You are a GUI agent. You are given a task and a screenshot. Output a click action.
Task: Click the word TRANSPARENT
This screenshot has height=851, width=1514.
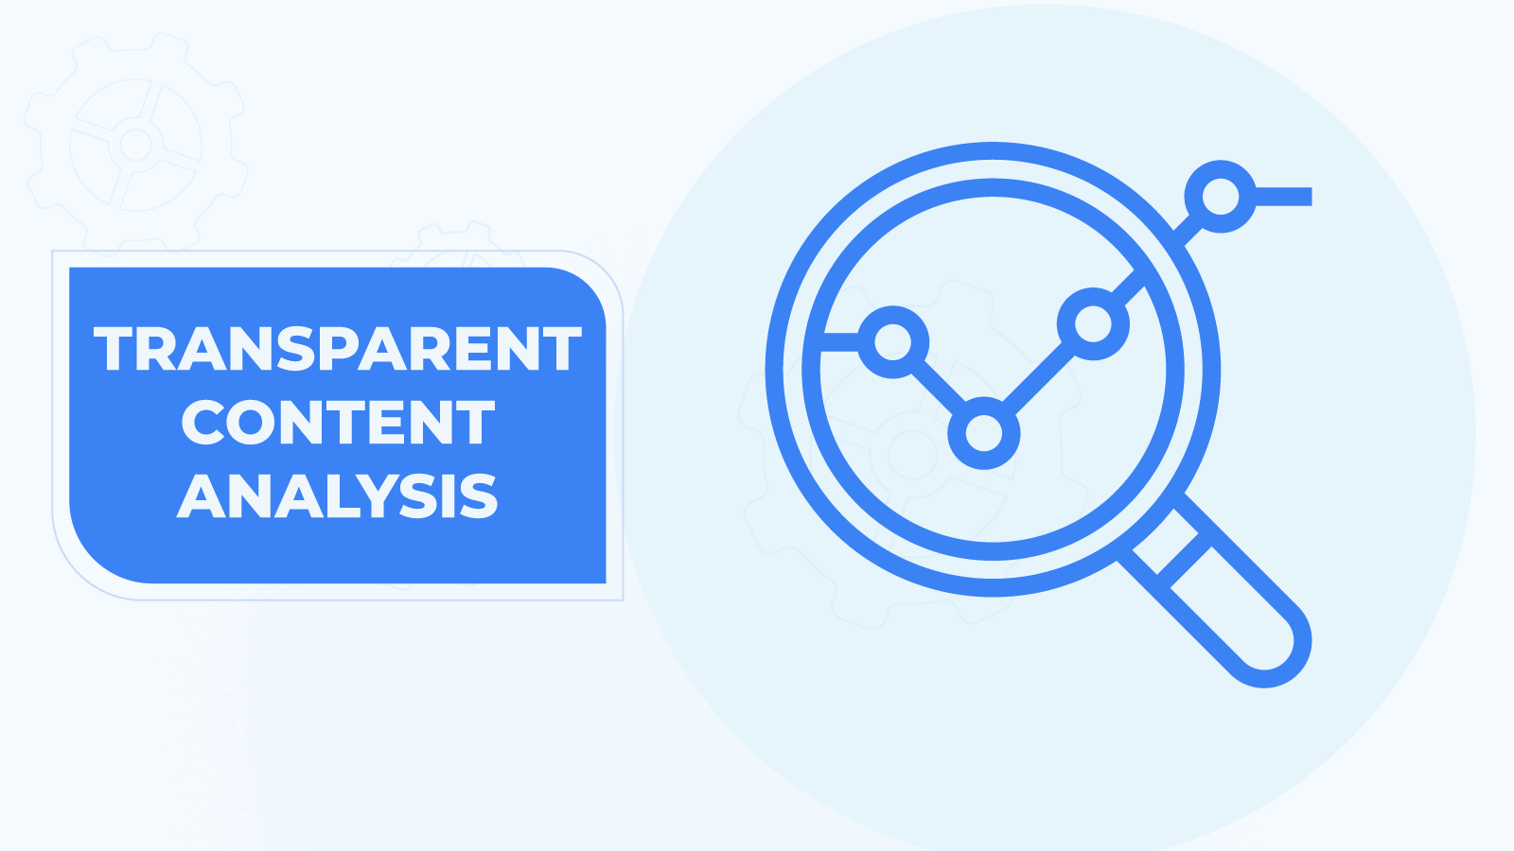coord(337,349)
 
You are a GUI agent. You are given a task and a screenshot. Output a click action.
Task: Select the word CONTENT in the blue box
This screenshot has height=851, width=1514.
coord(338,422)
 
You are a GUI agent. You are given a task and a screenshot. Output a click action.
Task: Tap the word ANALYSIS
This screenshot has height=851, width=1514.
coord(337,495)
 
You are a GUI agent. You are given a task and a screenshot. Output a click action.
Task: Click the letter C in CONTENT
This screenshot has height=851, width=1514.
coord(202,422)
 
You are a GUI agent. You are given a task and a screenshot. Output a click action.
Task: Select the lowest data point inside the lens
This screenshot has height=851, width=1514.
coord(983,433)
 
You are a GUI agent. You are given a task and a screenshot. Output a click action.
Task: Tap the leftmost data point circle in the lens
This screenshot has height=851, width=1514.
coord(893,341)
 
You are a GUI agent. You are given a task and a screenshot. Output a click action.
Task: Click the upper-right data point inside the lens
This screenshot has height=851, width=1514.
coord(1093,323)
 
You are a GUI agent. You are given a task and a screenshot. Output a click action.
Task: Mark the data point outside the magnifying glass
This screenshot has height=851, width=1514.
coord(1220,197)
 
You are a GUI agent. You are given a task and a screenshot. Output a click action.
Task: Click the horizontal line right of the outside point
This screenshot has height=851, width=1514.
coord(1283,197)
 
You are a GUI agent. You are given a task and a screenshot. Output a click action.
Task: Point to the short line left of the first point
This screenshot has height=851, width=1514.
coord(841,341)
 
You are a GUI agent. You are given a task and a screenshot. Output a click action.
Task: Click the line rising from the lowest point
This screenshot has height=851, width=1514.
coord(1037,379)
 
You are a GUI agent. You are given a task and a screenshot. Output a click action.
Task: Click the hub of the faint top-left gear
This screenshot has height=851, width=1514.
coord(136,144)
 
